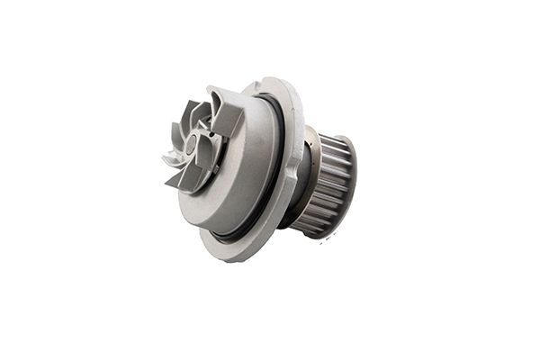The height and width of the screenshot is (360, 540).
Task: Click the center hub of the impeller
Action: [x=200, y=144]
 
